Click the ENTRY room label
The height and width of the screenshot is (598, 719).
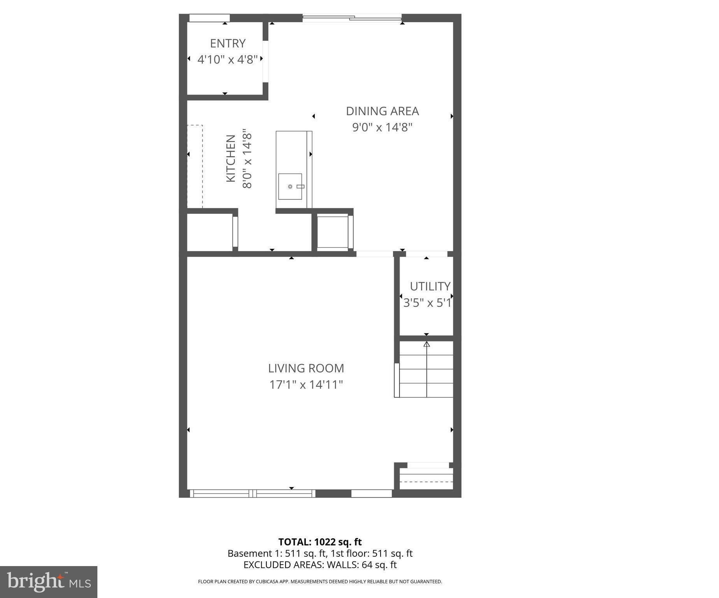227,43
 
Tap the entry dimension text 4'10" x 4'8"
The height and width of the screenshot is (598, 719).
227,60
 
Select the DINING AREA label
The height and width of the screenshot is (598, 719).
382,111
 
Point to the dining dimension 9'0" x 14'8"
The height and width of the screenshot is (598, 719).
382,128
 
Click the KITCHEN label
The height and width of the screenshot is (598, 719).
231,158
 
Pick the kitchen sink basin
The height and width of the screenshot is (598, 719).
290,186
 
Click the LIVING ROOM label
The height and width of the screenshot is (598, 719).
306,368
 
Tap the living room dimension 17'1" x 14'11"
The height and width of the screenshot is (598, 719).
306,385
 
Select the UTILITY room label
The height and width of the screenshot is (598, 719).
430,287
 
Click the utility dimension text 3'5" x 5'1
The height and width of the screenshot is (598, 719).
427,303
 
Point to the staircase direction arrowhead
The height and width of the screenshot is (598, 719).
426,344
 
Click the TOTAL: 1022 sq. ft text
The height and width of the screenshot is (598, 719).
320,542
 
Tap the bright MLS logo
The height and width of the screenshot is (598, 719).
49,582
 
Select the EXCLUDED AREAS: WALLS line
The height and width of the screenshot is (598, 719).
320,565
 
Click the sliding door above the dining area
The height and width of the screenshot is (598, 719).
352,18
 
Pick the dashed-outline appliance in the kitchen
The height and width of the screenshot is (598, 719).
195,166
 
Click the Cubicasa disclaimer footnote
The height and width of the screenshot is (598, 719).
320,582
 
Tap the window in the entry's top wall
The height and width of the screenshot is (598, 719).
209,18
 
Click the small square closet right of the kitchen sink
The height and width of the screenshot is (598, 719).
332,232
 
